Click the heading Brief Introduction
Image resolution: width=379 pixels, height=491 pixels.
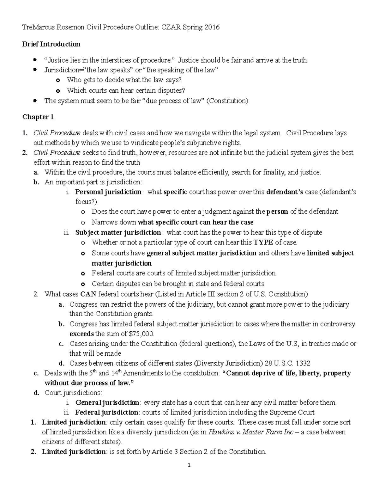51,44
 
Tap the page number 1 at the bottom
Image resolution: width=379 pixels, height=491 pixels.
189,465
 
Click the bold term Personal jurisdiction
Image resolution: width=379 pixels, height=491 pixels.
108,192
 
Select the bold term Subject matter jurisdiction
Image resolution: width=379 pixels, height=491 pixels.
118,233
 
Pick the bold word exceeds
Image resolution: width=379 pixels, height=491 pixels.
81,334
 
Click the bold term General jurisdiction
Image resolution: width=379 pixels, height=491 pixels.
107,403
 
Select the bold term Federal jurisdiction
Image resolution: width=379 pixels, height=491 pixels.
107,413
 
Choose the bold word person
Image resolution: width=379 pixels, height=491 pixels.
277,212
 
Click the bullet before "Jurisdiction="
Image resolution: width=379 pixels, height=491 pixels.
35,70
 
